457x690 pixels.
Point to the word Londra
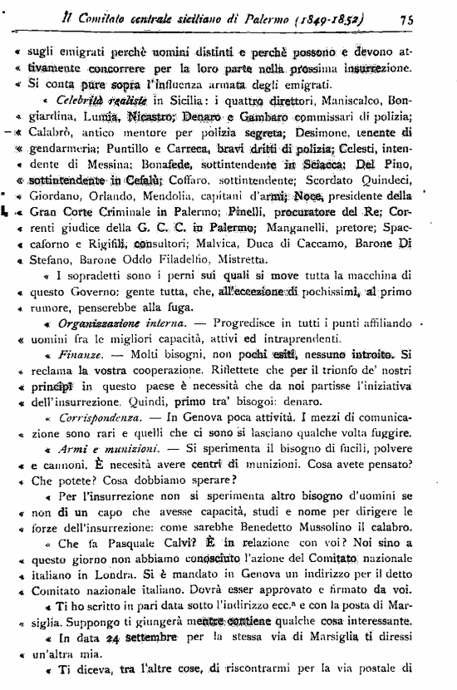point(128,578)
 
